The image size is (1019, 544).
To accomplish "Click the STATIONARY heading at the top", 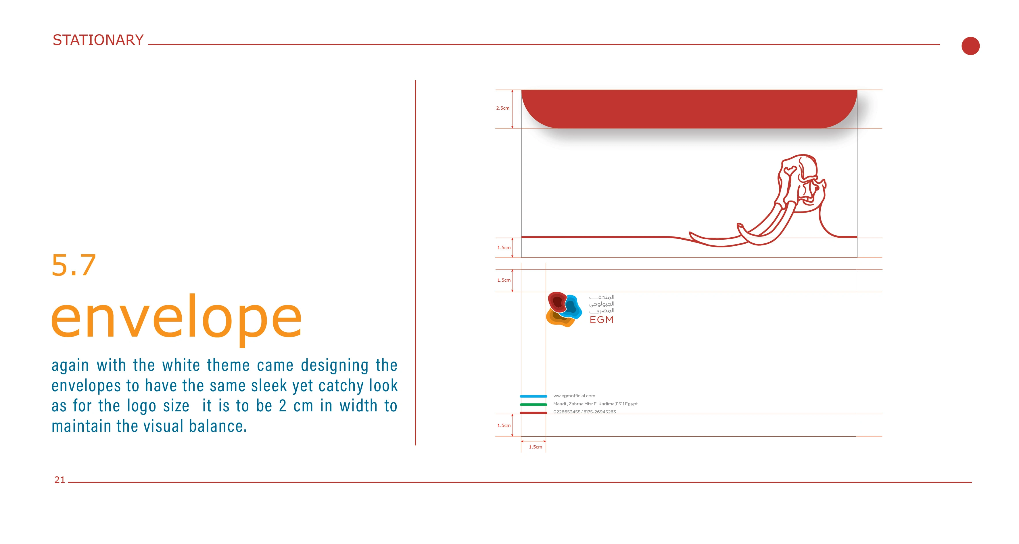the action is click(98, 40).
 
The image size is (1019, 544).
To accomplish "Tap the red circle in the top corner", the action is click(970, 46).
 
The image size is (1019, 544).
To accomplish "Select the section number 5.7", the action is click(74, 265).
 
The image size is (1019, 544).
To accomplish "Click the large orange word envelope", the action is click(176, 319).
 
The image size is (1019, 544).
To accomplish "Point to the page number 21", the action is click(60, 480).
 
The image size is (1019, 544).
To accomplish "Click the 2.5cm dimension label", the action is click(503, 108).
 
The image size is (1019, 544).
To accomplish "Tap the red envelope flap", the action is click(689, 109).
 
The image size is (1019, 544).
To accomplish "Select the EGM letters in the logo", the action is click(601, 320).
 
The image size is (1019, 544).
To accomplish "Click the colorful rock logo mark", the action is click(564, 309).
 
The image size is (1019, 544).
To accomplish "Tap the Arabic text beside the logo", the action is click(602, 304).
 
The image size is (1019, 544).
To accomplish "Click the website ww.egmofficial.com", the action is click(574, 396).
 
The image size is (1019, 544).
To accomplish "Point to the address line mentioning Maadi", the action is click(595, 404).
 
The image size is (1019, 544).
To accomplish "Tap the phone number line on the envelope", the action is click(584, 412).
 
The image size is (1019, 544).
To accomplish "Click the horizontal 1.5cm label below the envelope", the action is click(536, 447).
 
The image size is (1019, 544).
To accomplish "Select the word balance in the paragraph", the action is click(218, 426).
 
